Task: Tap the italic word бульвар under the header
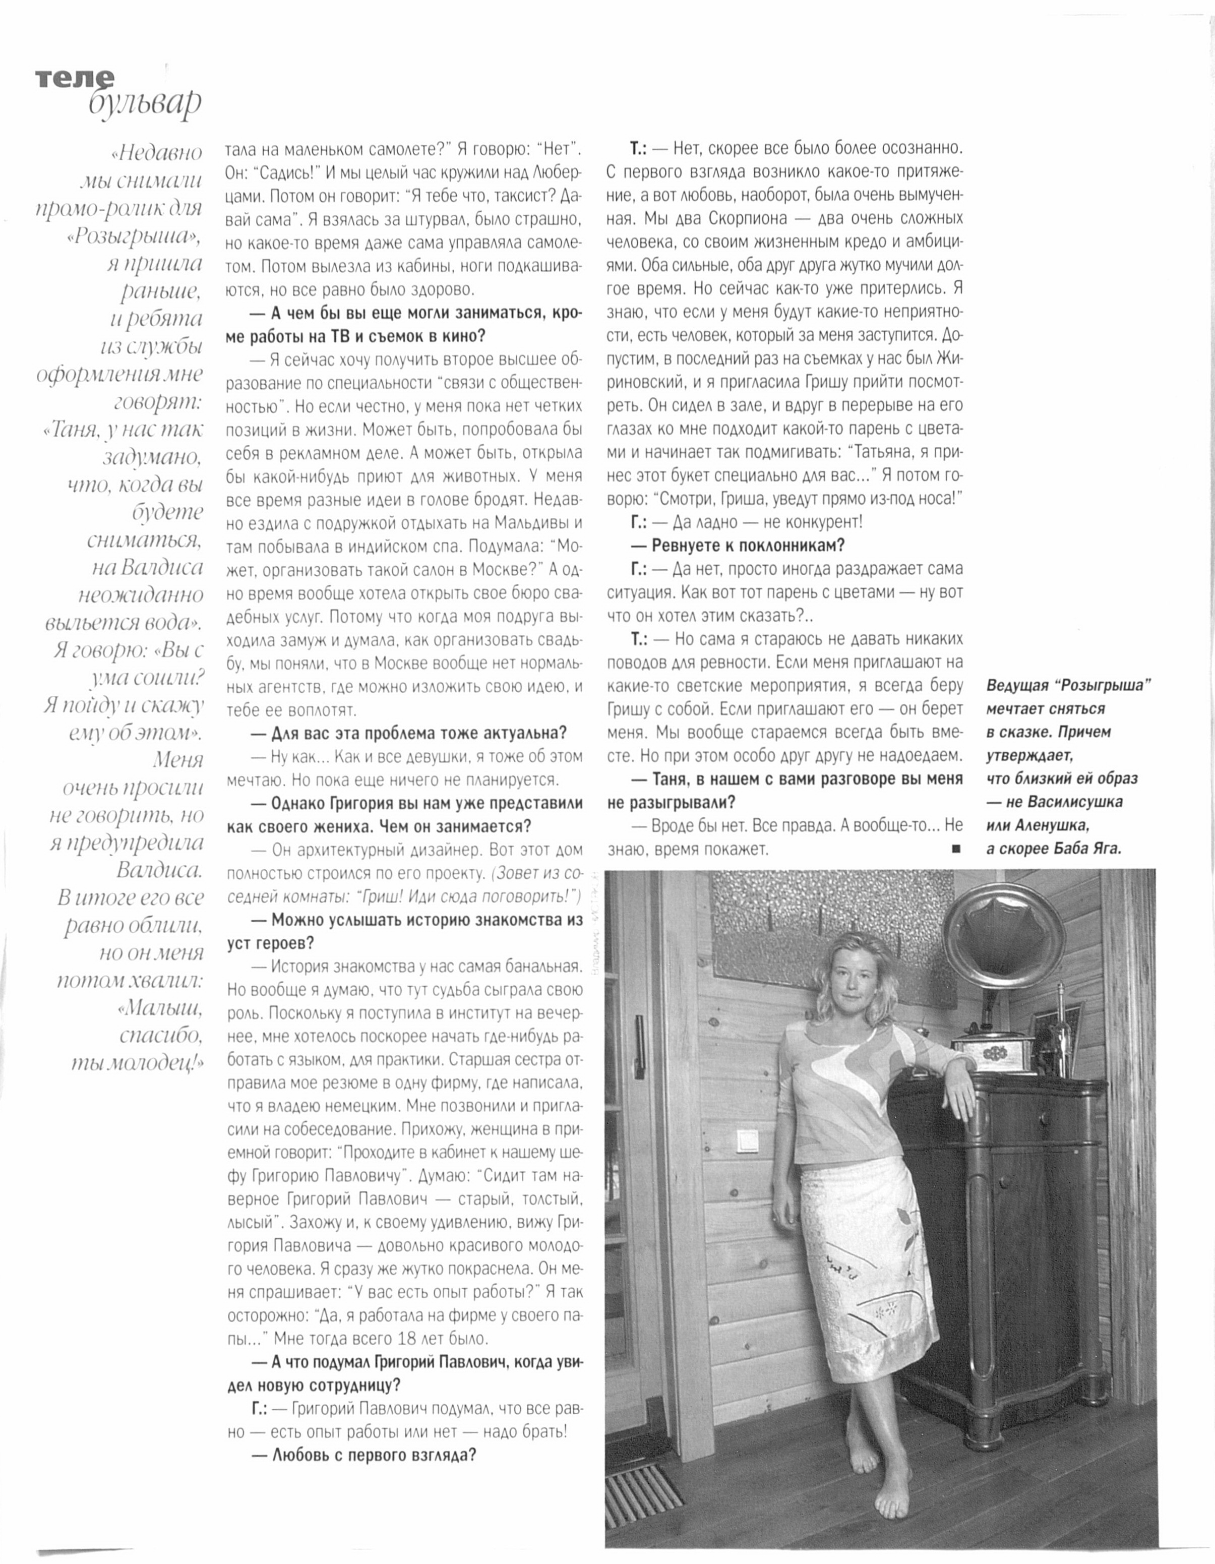click(x=145, y=104)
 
